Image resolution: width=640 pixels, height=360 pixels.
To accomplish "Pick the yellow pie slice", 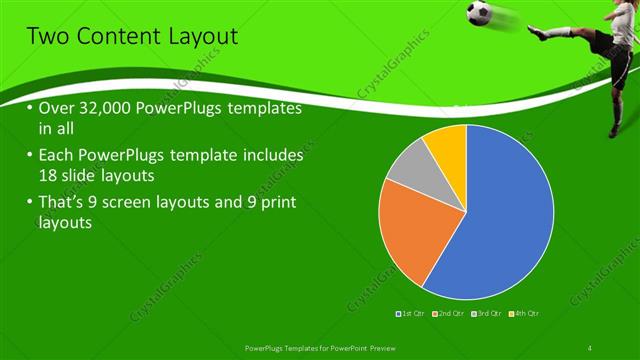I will [447, 145].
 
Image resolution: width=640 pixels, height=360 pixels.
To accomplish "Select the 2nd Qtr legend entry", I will [451, 313].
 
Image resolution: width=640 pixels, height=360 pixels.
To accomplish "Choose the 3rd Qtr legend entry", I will [488, 313].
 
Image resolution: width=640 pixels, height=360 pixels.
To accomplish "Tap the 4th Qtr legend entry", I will [525, 313].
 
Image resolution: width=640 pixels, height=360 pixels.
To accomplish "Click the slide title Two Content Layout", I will [132, 37].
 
